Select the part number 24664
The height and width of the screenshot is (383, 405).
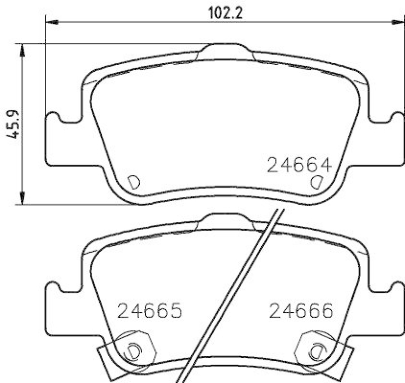point(299,165)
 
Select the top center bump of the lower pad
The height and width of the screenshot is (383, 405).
point(226,221)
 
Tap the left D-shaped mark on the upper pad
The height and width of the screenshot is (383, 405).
point(134,182)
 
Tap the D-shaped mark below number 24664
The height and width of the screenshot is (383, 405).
point(316,182)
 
